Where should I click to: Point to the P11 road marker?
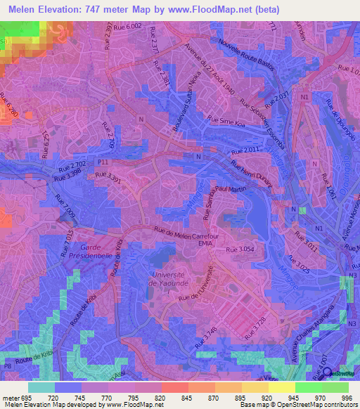(x=105, y=162)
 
